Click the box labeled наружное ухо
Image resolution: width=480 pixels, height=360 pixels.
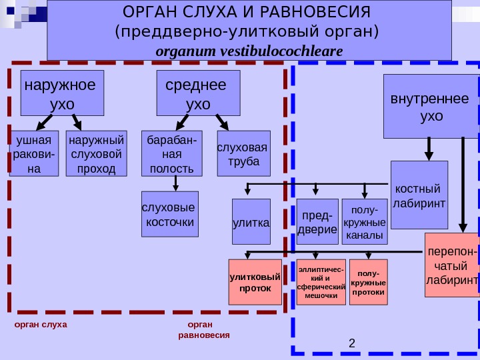63,93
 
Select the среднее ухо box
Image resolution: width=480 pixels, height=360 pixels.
198,93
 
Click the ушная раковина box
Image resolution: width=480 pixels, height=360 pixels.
35,153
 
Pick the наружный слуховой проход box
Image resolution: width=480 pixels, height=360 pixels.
97,153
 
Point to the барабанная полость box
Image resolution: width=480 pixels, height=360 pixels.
172,153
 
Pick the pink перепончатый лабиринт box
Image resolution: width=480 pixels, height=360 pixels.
452,265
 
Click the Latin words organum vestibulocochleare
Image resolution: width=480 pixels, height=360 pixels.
249,51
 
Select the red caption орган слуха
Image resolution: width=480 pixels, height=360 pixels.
41,325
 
